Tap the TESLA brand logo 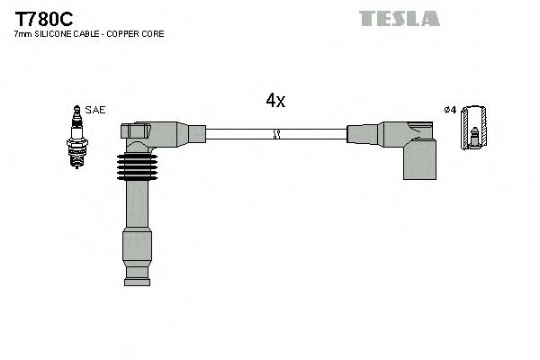400,18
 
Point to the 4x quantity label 275,101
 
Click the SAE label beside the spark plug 96,110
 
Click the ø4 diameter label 451,110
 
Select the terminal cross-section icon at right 474,130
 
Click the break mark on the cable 276,134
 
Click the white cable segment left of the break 238,134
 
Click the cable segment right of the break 315,134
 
